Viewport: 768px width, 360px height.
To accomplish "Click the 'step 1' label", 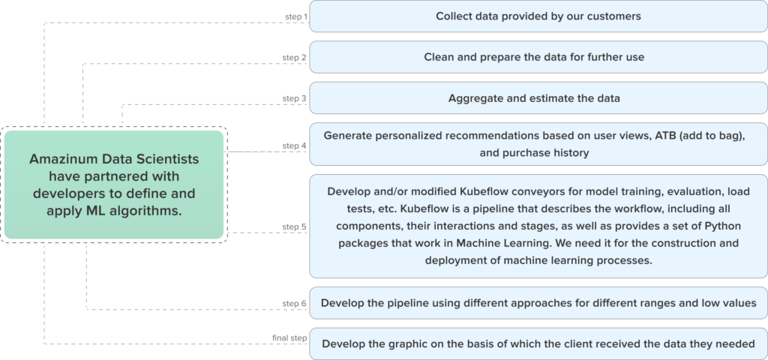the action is tap(295, 16).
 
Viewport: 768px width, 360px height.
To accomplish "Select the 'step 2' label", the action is tap(294, 57).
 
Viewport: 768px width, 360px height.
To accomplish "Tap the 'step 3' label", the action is tap(294, 98).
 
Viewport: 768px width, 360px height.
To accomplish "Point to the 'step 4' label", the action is tap(294, 145).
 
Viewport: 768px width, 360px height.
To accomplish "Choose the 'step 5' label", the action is tap(294, 226).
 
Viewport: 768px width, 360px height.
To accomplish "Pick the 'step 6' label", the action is tap(294, 303).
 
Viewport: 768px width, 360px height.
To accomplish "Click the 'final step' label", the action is tap(289, 338).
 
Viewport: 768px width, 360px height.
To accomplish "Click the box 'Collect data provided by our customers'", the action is tap(538, 16).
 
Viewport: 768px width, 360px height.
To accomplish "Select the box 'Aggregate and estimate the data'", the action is tap(538, 98).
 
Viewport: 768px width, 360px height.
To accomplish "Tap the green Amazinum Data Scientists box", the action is tap(114, 184).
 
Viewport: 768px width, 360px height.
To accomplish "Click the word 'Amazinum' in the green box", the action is tap(59, 159).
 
